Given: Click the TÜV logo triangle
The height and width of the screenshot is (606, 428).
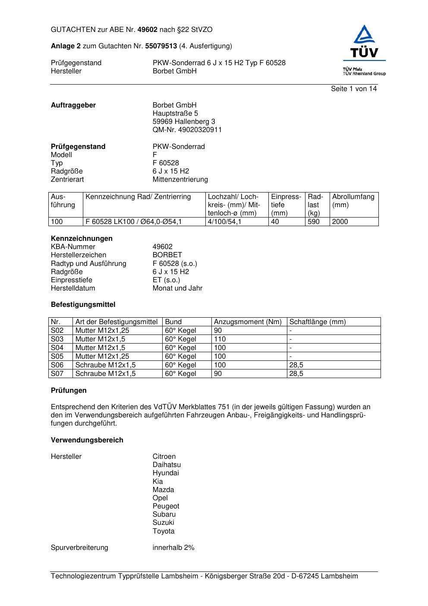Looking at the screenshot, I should (x=365, y=35).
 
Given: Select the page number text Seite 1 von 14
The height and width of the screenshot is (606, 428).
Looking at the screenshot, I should (x=353, y=89).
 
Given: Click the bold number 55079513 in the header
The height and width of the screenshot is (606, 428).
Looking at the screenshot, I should (x=161, y=46).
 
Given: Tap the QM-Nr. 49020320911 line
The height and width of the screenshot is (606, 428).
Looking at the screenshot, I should (x=187, y=130).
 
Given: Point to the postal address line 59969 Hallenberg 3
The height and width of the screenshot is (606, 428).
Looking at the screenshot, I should (x=183, y=122).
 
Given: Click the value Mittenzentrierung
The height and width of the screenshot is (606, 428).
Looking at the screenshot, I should (x=180, y=180).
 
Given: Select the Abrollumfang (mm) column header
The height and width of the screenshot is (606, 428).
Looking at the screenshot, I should (x=353, y=201).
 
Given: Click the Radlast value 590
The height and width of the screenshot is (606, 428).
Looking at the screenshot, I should (x=314, y=222).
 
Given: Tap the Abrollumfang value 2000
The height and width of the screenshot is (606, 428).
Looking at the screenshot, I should (x=340, y=222).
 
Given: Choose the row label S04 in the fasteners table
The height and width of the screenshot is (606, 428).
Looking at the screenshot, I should (x=57, y=348).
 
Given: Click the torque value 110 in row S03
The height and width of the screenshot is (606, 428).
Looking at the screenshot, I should (x=220, y=339).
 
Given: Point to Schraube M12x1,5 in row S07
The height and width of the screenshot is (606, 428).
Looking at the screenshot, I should (x=105, y=374).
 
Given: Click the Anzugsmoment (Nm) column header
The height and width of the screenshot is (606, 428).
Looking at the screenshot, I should (x=248, y=322).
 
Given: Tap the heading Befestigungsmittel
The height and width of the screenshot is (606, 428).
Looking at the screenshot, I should (x=83, y=305).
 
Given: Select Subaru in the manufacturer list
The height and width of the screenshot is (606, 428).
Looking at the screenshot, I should (x=164, y=514).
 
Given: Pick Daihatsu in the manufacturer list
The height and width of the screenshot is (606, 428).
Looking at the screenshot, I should (x=167, y=465).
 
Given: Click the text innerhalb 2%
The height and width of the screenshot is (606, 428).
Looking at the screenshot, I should (x=173, y=548).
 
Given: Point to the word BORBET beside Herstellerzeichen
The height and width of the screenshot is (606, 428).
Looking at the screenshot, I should (x=167, y=255).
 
